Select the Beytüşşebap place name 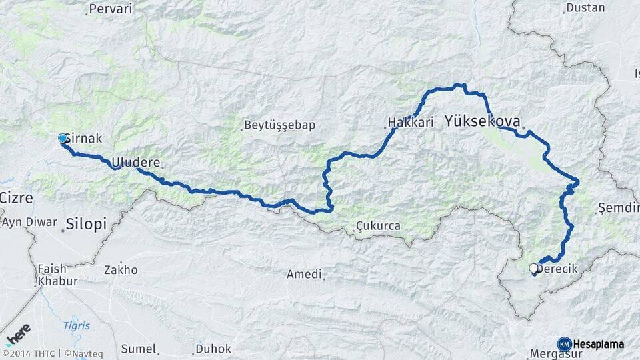(279, 125)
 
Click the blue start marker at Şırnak (63, 138)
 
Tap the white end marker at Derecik (533, 269)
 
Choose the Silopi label (86, 224)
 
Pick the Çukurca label (379, 226)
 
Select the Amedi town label (304, 274)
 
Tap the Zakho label (121, 270)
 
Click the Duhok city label (213, 349)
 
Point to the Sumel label (139, 349)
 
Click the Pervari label (111, 9)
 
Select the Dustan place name (585, 8)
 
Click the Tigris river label (76, 325)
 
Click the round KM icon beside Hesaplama (564, 344)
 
